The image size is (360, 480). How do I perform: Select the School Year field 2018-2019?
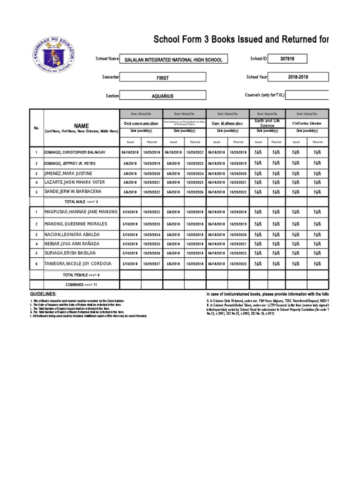click(x=298, y=77)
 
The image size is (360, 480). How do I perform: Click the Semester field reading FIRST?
click(x=162, y=78)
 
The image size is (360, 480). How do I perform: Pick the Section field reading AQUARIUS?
click(x=162, y=96)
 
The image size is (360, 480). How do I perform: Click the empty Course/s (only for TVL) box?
click(x=307, y=95)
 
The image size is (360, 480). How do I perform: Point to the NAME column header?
click(x=81, y=126)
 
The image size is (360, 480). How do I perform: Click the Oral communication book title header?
click(x=141, y=123)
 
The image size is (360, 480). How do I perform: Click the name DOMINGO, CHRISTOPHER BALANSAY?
click(x=75, y=153)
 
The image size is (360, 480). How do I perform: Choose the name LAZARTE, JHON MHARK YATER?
click(x=75, y=182)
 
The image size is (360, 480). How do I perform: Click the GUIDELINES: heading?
click(x=43, y=293)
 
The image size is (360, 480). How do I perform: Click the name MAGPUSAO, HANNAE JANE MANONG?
click(x=81, y=212)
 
